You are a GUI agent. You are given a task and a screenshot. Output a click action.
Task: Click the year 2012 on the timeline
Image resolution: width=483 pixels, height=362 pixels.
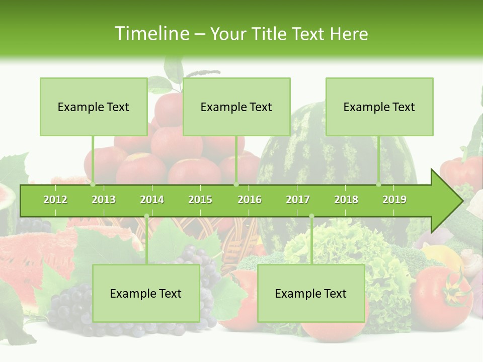(x=55, y=200)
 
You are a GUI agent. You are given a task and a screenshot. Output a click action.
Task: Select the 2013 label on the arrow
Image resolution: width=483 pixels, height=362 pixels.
(x=104, y=200)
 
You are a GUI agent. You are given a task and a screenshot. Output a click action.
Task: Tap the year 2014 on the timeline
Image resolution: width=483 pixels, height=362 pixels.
(x=152, y=200)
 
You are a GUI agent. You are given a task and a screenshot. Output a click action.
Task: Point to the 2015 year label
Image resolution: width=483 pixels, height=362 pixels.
(x=200, y=200)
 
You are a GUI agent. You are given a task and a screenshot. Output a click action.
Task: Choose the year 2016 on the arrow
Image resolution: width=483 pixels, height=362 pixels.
(x=250, y=200)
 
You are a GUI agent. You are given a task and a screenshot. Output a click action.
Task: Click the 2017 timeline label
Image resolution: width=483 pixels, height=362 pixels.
(x=298, y=200)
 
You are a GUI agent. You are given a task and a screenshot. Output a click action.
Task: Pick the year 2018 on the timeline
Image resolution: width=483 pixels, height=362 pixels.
(x=346, y=200)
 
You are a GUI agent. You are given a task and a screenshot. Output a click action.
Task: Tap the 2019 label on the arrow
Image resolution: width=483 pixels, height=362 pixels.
(x=394, y=200)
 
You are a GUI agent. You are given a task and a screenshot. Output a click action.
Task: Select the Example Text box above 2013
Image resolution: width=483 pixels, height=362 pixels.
(x=94, y=107)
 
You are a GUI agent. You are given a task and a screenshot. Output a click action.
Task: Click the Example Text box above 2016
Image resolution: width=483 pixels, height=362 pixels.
(x=236, y=107)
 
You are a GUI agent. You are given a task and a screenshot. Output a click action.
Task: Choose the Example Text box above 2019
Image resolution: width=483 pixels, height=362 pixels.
(x=379, y=107)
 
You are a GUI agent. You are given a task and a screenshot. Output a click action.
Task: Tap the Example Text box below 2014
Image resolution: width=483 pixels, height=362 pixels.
(x=146, y=293)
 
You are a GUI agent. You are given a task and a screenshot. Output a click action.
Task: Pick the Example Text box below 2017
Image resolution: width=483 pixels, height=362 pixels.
(x=311, y=293)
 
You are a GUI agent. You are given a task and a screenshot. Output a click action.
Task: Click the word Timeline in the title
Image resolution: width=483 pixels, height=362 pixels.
(x=151, y=34)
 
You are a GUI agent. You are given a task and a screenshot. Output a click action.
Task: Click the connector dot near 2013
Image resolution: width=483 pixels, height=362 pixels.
(x=93, y=185)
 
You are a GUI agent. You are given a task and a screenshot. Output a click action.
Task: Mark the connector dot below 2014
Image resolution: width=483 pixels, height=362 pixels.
(x=146, y=216)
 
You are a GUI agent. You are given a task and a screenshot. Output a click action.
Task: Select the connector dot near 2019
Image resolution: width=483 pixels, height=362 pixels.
(x=379, y=185)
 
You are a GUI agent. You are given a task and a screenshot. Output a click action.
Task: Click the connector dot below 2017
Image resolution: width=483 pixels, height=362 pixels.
(x=311, y=216)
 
